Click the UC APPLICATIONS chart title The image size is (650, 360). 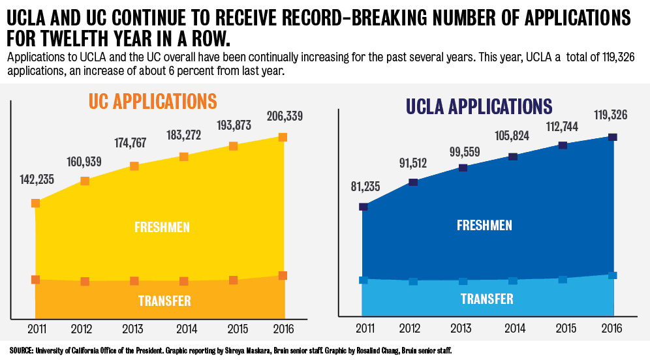[152, 102]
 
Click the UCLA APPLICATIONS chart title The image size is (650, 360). [479, 106]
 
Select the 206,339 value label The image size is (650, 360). [283, 117]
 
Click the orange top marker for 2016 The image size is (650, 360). [283, 137]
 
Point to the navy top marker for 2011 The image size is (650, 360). [364, 207]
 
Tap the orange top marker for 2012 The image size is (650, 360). [85, 181]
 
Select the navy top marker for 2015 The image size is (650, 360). [563, 145]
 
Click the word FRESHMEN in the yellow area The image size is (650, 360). [162, 228]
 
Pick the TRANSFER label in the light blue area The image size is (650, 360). [487, 299]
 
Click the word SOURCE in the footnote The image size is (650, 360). [21, 351]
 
